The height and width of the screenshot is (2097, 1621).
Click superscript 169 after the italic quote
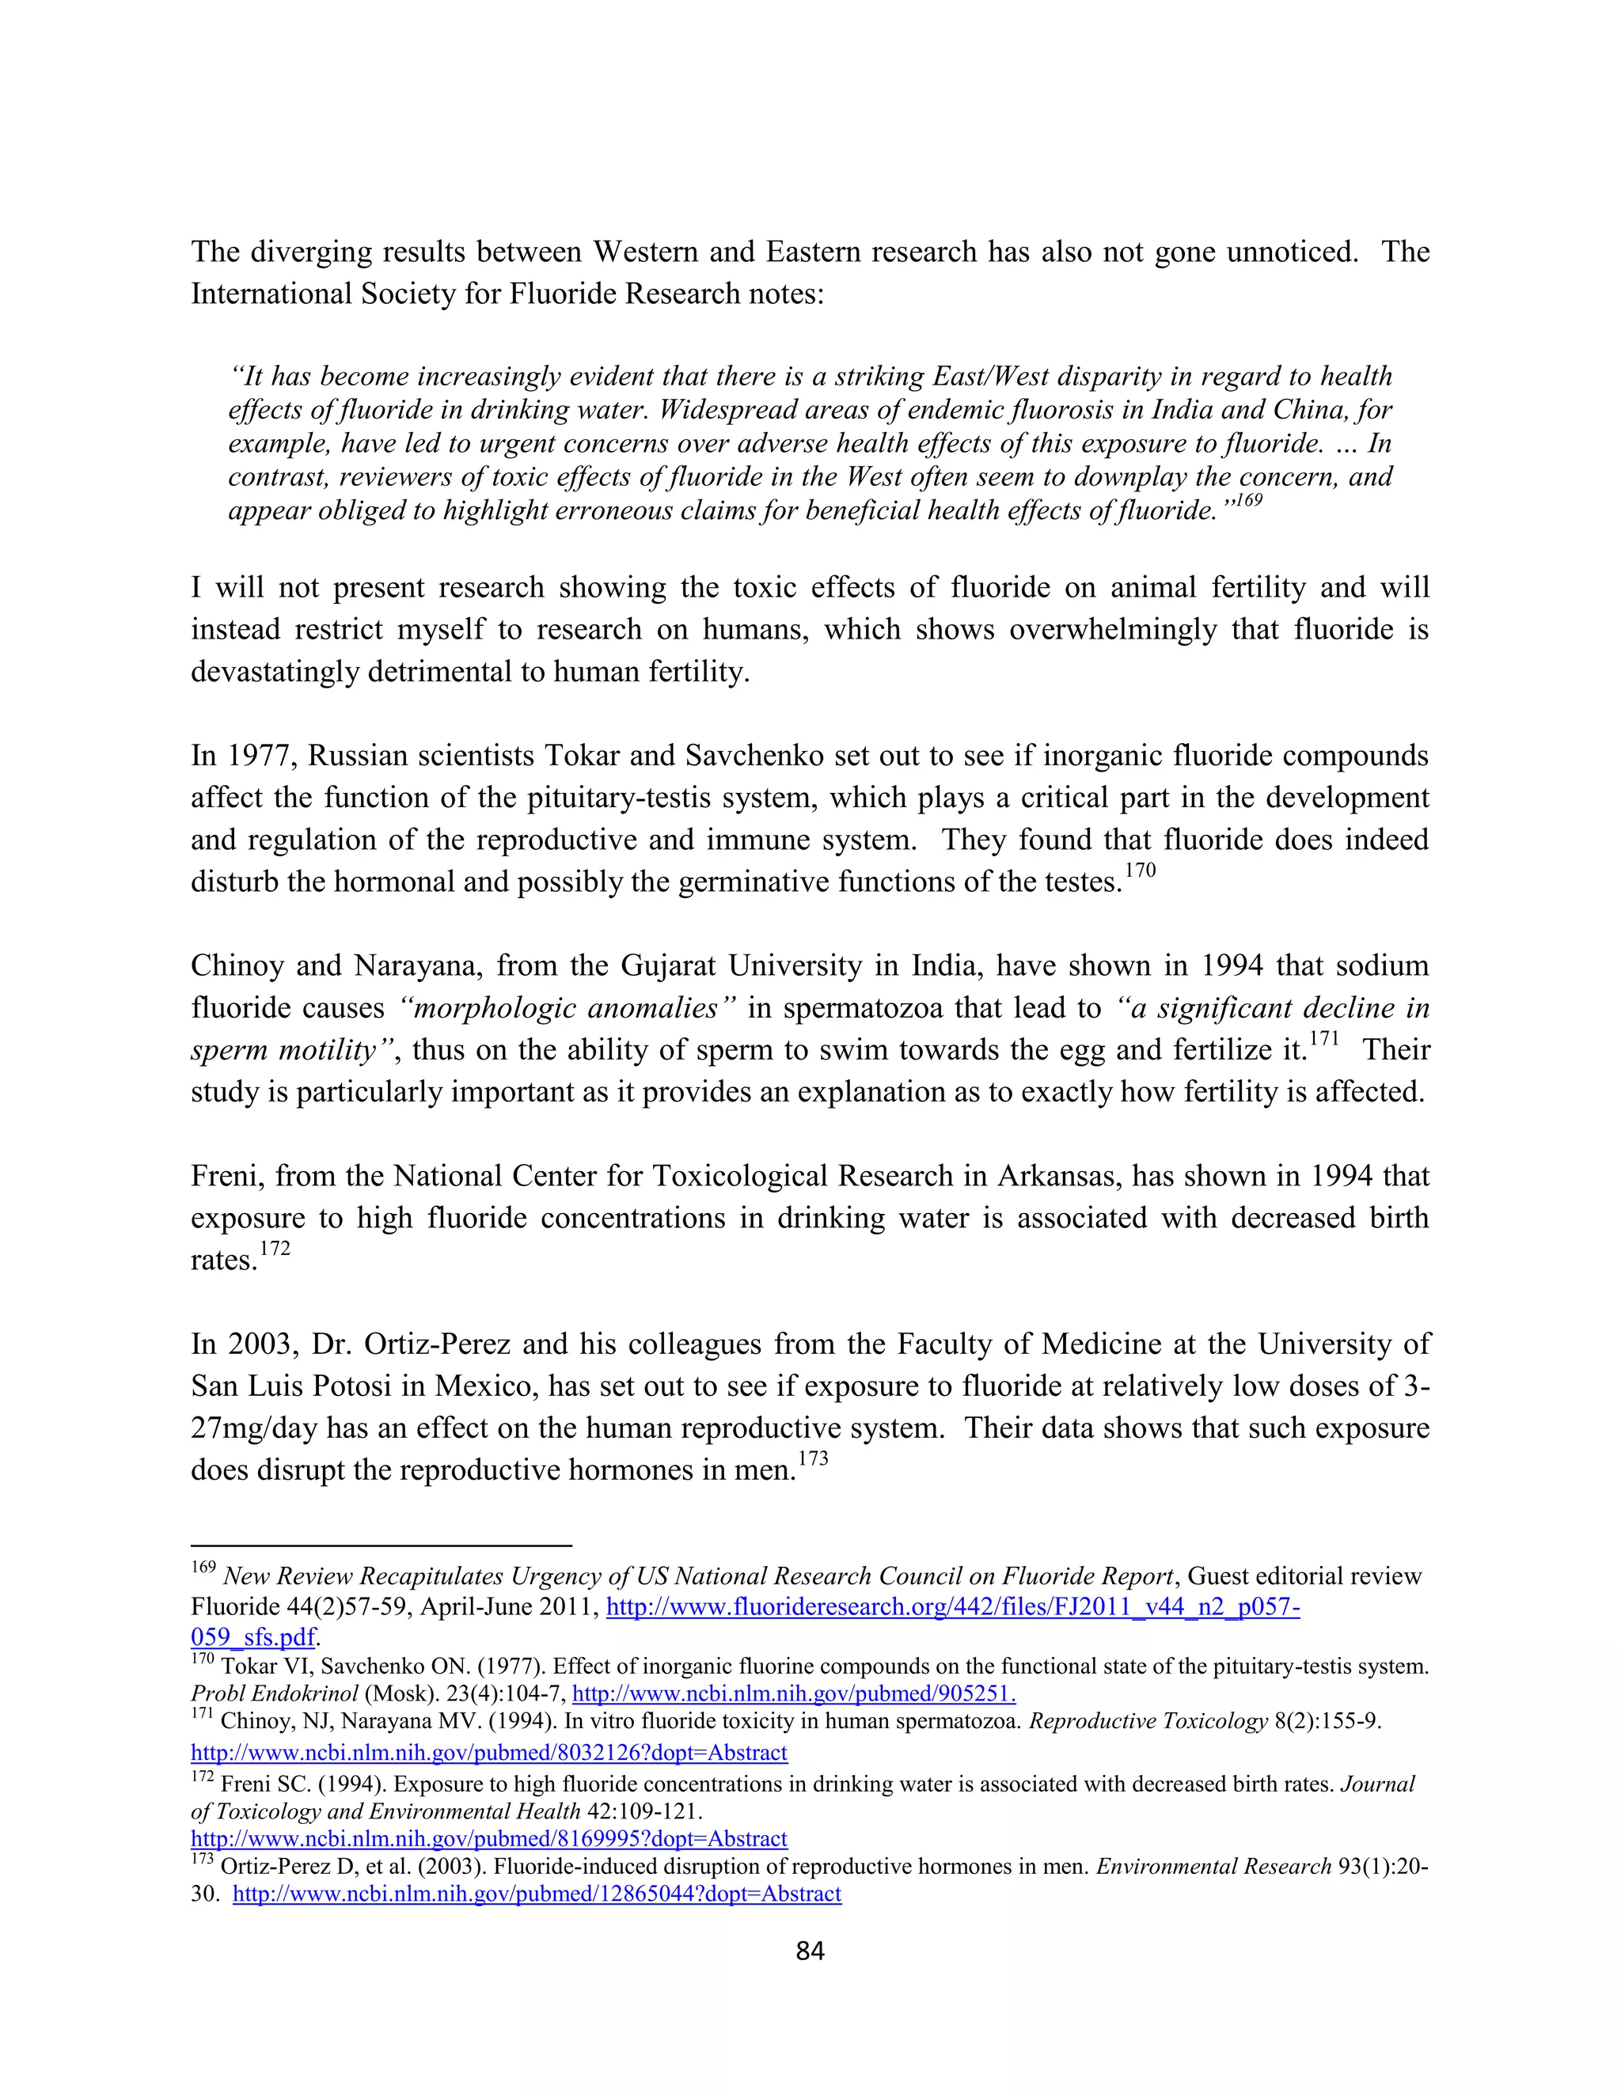pyautogui.click(x=1247, y=501)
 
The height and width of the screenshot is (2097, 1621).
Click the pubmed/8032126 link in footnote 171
pyautogui.click(x=489, y=1752)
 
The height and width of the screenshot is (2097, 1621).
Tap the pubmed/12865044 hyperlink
pyautogui.click(x=537, y=1894)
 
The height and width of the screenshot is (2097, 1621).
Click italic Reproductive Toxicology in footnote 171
pyautogui.click(x=1148, y=1722)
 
